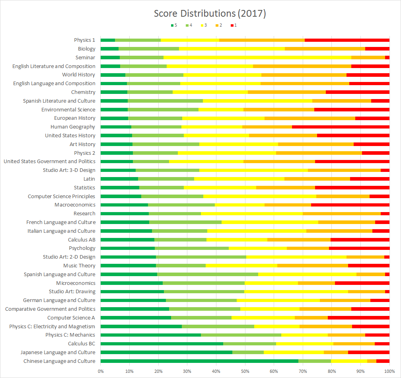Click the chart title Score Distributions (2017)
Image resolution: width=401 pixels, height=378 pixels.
pyautogui.click(x=210, y=14)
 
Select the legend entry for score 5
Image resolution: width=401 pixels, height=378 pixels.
pyautogui.click(x=174, y=25)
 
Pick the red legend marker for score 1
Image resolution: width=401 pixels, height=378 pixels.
pyautogui.click(x=232, y=25)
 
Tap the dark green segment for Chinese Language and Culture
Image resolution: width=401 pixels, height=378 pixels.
pyautogui.click(x=199, y=361)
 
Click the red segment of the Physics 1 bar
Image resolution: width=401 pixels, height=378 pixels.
pyautogui.click(x=347, y=40)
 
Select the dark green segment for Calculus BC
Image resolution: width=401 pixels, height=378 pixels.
pyautogui.click(x=162, y=343)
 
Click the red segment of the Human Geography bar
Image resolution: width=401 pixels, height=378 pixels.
pyautogui.click(x=341, y=127)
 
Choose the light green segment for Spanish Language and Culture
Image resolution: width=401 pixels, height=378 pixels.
pyautogui.click(x=208, y=274)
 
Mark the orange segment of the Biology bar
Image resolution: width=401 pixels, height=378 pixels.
pyautogui.click(x=325, y=49)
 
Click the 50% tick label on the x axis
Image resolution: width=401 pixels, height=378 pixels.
pyautogui.click(x=245, y=371)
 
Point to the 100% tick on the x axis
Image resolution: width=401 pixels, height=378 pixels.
pyautogui.click(x=389, y=371)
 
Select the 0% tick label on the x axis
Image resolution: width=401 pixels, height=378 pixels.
pyautogui.click(x=101, y=371)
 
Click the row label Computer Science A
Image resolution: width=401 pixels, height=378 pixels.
pyautogui.click(x=71, y=318)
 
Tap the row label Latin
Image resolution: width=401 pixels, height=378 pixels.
pyautogui.click(x=89, y=179)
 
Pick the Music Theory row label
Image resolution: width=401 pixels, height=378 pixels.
pyautogui.click(x=79, y=265)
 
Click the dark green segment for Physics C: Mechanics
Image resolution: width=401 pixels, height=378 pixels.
pyautogui.click(x=151, y=335)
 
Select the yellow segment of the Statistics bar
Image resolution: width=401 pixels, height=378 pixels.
pyautogui.click(x=220, y=188)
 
